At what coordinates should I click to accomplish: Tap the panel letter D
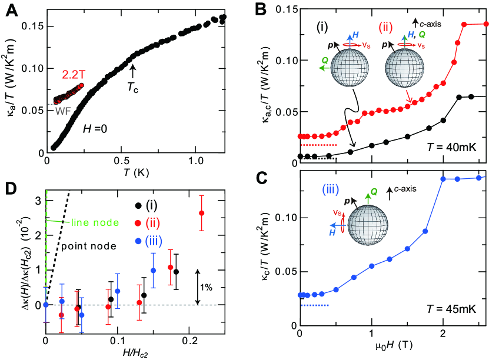pos(10,188)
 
